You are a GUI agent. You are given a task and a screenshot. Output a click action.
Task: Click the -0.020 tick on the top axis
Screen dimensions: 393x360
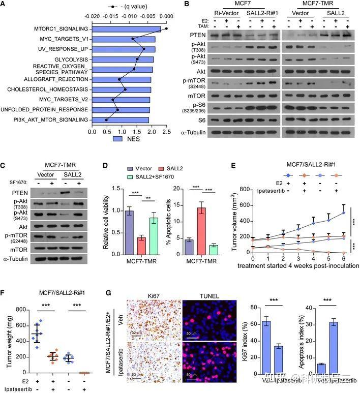[92, 16]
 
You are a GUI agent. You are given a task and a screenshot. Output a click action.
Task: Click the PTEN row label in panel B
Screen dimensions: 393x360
[192, 36]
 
